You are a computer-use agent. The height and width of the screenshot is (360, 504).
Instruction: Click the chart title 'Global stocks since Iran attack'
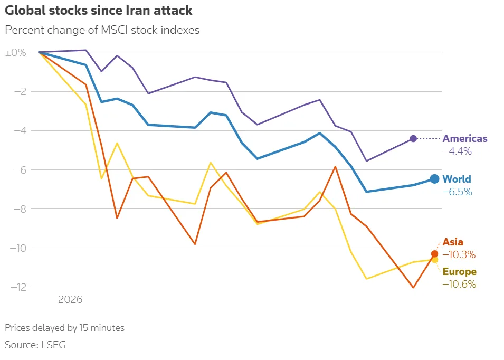coord(99,10)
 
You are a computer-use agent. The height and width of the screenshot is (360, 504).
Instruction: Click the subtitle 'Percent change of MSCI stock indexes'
coord(102,30)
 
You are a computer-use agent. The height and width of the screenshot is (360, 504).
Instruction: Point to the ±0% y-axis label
coord(15,53)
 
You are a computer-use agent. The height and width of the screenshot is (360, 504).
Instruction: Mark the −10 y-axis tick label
coord(17,248)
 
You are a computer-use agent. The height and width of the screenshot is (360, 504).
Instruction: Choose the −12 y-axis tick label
coord(17,287)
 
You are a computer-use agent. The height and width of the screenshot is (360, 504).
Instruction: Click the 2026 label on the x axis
coord(70,300)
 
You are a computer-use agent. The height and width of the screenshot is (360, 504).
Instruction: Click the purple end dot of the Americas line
coord(413,138)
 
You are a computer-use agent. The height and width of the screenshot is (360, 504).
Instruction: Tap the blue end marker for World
coord(434,179)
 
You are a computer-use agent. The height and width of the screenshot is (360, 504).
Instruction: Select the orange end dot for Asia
coord(434,254)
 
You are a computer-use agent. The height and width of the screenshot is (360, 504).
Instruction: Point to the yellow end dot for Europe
coord(435,260)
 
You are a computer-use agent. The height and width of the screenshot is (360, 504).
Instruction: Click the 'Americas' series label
coord(465,139)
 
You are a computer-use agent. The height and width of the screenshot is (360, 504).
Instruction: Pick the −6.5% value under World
coord(457,192)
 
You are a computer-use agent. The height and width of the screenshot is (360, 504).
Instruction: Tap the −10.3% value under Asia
coord(459,254)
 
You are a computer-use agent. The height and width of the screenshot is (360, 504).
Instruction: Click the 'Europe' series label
coord(459,272)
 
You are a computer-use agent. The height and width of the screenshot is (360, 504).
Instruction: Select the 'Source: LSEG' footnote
coord(35,345)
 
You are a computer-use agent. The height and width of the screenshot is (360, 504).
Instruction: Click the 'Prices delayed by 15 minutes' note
coord(64,328)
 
